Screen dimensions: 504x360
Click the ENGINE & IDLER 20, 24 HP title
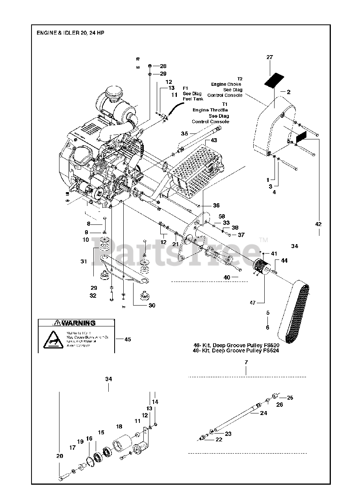pyautogui.click(x=71, y=33)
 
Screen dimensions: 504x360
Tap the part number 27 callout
pyautogui.click(x=269, y=57)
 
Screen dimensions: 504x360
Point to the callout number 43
pyautogui.click(x=214, y=141)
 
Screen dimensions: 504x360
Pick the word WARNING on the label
pyautogui.click(x=78, y=323)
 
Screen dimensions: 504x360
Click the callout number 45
pyautogui.click(x=128, y=339)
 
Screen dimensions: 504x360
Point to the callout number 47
pyautogui.click(x=252, y=302)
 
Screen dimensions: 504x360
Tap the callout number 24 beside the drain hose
pyautogui.click(x=264, y=413)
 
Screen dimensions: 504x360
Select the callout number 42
pyautogui.click(x=319, y=224)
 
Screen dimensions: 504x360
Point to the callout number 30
pyautogui.click(x=151, y=305)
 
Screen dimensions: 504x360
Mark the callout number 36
pyautogui.click(x=216, y=206)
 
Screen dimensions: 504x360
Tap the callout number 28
pyautogui.click(x=163, y=66)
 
